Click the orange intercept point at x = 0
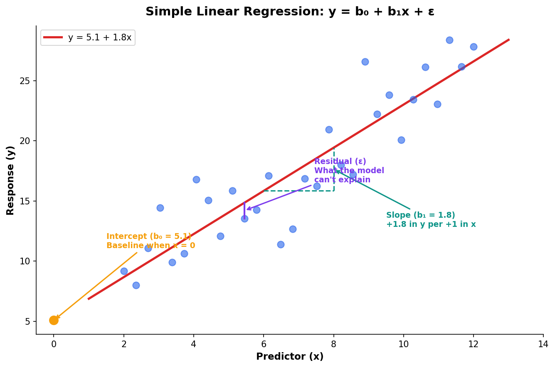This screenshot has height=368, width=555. [x=54, y=320]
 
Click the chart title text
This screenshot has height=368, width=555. [x=290, y=12]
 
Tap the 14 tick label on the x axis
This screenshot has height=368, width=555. [x=543, y=344]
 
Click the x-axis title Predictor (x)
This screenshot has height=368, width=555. [x=290, y=357]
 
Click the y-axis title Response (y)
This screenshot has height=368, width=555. [x=11, y=180]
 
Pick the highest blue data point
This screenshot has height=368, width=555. [x=449, y=40]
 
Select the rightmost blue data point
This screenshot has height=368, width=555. [x=474, y=47]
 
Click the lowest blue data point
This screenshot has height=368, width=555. [x=136, y=285]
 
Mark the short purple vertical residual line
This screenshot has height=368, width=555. [x=244, y=210]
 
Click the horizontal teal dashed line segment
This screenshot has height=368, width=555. [x=298, y=191]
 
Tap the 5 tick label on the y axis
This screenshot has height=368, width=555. [x=27, y=321]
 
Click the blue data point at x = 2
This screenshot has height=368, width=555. [x=124, y=271]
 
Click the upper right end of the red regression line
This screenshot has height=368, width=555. [x=508, y=40]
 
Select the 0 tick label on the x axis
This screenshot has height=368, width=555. [x=54, y=344]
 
